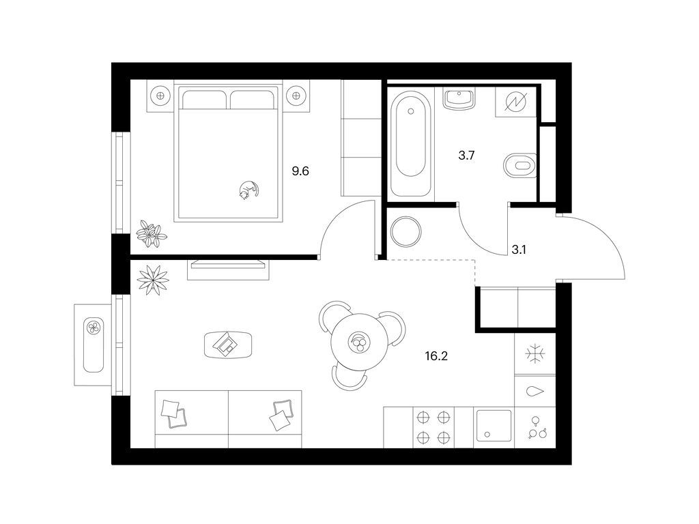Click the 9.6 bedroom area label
(300, 171)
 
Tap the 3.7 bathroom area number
(466, 156)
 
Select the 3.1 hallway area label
(519, 250)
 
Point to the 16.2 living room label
(436, 356)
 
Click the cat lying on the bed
(248, 190)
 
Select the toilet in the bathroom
(519, 165)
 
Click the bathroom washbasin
(459, 98)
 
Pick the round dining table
(359, 343)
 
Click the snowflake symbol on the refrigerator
(535, 354)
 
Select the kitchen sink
(494, 425)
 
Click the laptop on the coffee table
(227, 344)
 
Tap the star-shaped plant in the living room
(153, 280)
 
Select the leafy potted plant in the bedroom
(152, 233)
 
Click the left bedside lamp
(160, 95)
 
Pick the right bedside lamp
(295, 95)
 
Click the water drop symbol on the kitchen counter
(535, 392)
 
